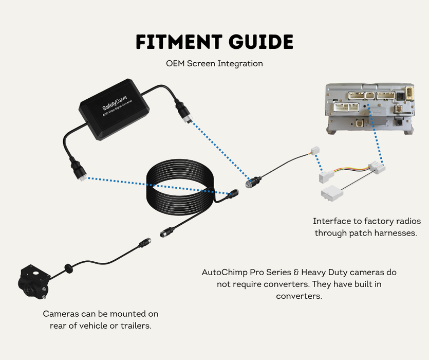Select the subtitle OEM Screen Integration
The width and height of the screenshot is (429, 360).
pos(214,64)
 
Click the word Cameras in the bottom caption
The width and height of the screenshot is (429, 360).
pos(61,314)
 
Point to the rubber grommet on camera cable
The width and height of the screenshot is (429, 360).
pos(67,268)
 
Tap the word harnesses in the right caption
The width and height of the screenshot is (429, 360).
pos(396,232)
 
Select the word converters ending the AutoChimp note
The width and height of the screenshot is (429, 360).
pos(299,296)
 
